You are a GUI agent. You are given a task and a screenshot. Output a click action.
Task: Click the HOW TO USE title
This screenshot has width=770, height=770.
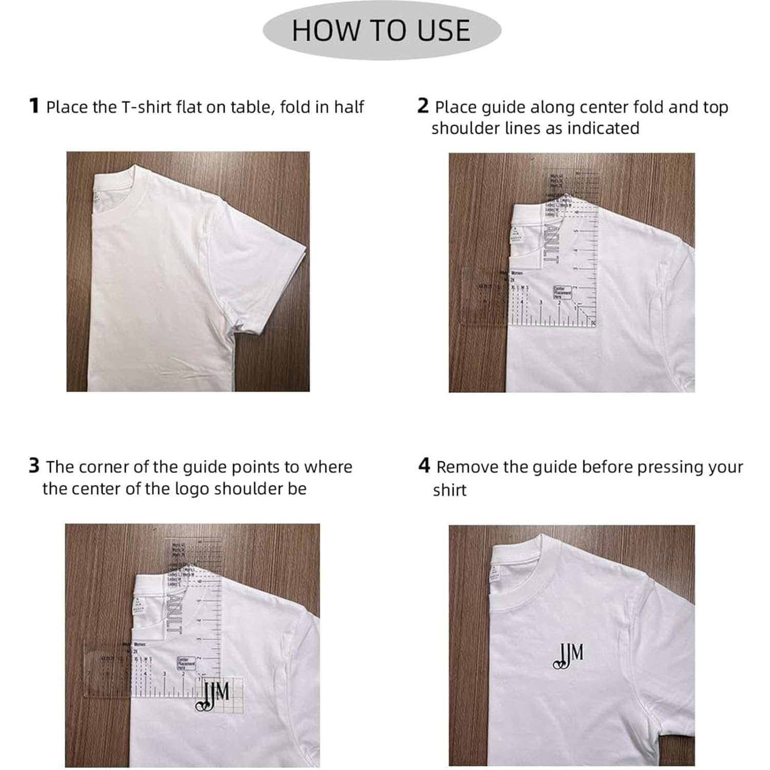coord(381,30)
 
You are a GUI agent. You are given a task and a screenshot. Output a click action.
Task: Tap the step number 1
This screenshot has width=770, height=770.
coord(34,106)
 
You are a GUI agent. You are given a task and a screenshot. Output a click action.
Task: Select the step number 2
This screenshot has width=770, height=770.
coord(422,106)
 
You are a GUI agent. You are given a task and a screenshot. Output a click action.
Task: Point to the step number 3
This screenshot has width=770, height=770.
coord(34,466)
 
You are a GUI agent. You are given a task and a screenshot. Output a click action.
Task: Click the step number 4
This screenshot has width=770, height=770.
coord(423,466)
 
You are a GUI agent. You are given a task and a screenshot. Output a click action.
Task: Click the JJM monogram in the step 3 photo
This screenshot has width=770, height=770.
coord(215,696)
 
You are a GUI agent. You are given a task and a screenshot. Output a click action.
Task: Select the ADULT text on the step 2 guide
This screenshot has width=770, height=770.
coord(550,241)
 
